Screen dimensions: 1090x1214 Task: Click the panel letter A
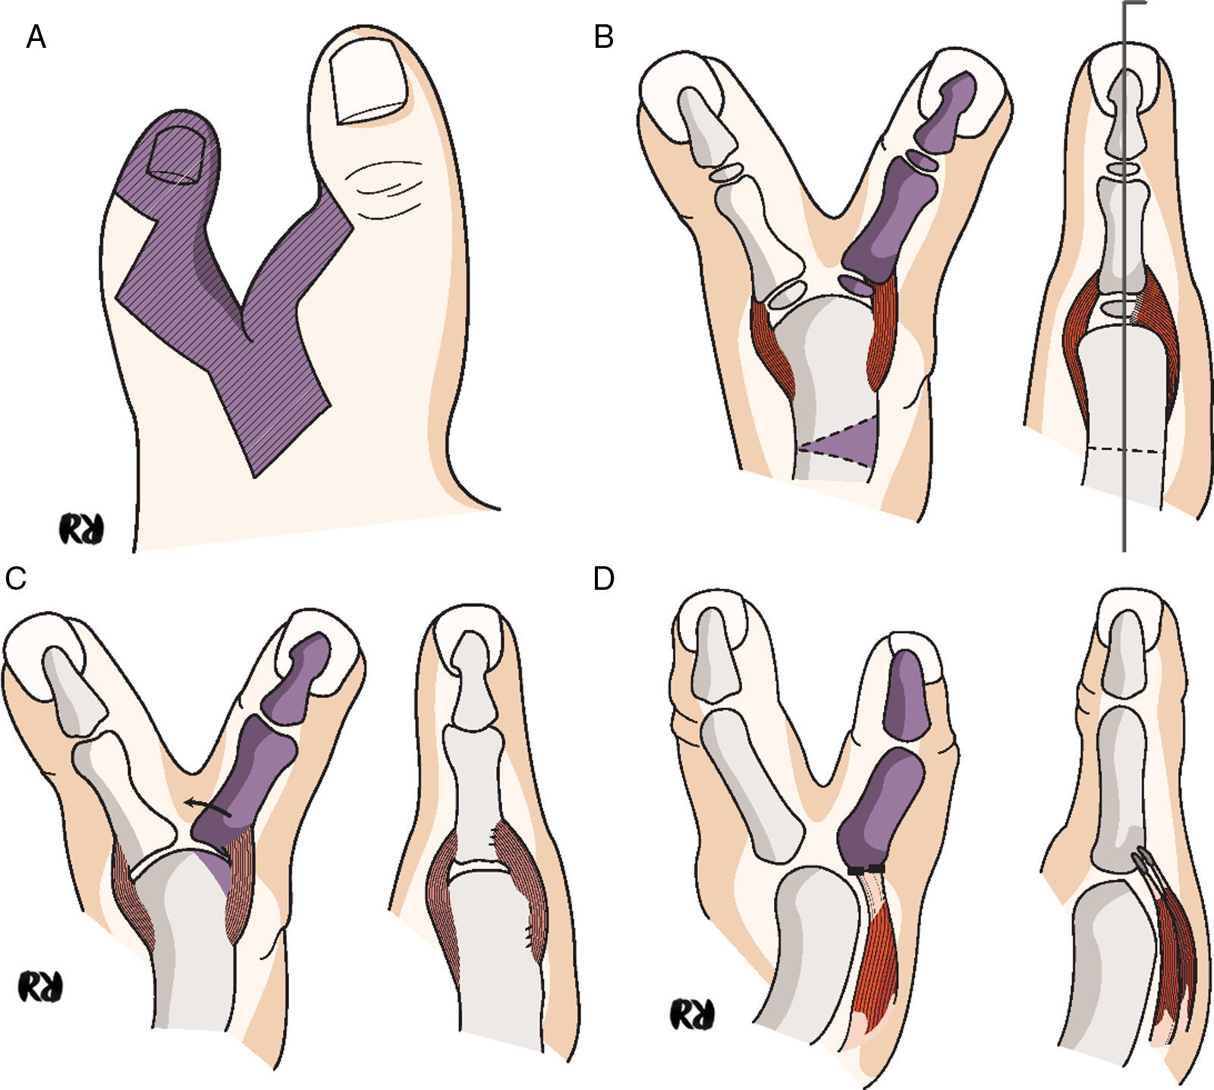coord(36,36)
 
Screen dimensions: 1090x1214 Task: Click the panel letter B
coord(603,36)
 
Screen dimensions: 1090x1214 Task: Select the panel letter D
coord(604,578)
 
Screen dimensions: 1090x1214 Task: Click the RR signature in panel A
coord(81,530)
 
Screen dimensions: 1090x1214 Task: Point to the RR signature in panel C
coord(40,987)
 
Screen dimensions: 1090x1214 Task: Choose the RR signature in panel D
coord(692,1014)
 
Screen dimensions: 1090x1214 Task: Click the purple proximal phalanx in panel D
coord(880,808)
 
